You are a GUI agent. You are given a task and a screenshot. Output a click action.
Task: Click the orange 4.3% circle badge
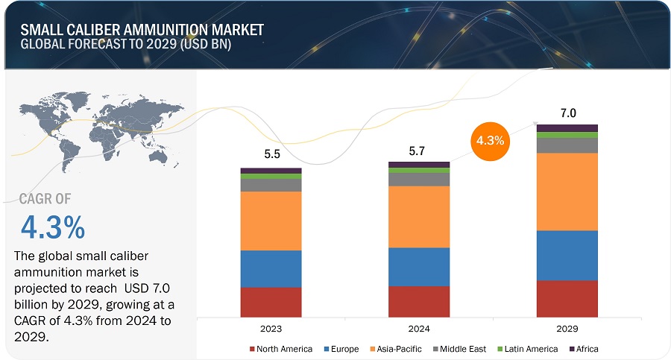pyautogui.click(x=491, y=140)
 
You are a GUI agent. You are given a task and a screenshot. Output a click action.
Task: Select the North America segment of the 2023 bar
pyautogui.click(x=271, y=302)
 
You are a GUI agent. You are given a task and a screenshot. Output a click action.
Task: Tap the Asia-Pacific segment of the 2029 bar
pyautogui.click(x=567, y=192)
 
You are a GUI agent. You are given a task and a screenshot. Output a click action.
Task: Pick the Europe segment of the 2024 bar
pyautogui.click(x=419, y=267)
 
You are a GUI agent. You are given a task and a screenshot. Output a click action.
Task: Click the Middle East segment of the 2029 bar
pyautogui.click(x=567, y=145)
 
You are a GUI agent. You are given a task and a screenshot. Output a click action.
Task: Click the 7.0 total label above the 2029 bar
pyautogui.click(x=567, y=113)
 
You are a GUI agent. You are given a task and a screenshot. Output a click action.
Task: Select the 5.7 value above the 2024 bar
pyautogui.click(x=419, y=151)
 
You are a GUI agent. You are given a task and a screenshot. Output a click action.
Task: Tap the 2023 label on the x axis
pyautogui.click(x=271, y=328)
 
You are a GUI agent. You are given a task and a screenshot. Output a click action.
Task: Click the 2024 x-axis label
pyautogui.click(x=419, y=328)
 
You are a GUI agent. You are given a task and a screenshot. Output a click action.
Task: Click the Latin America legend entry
pyautogui.click(x=530, y=349)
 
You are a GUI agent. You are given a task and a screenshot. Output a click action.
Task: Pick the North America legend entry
pyautogui.click(x=280, y=349)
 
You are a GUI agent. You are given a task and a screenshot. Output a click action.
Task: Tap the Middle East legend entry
pyautogui.click(x=461, y=349)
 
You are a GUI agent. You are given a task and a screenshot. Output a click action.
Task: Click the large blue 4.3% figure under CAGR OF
pyautogui.click(x=52, y=227)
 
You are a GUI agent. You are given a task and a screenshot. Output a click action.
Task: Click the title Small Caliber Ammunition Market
pyautogui.click(x=142, y=31)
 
